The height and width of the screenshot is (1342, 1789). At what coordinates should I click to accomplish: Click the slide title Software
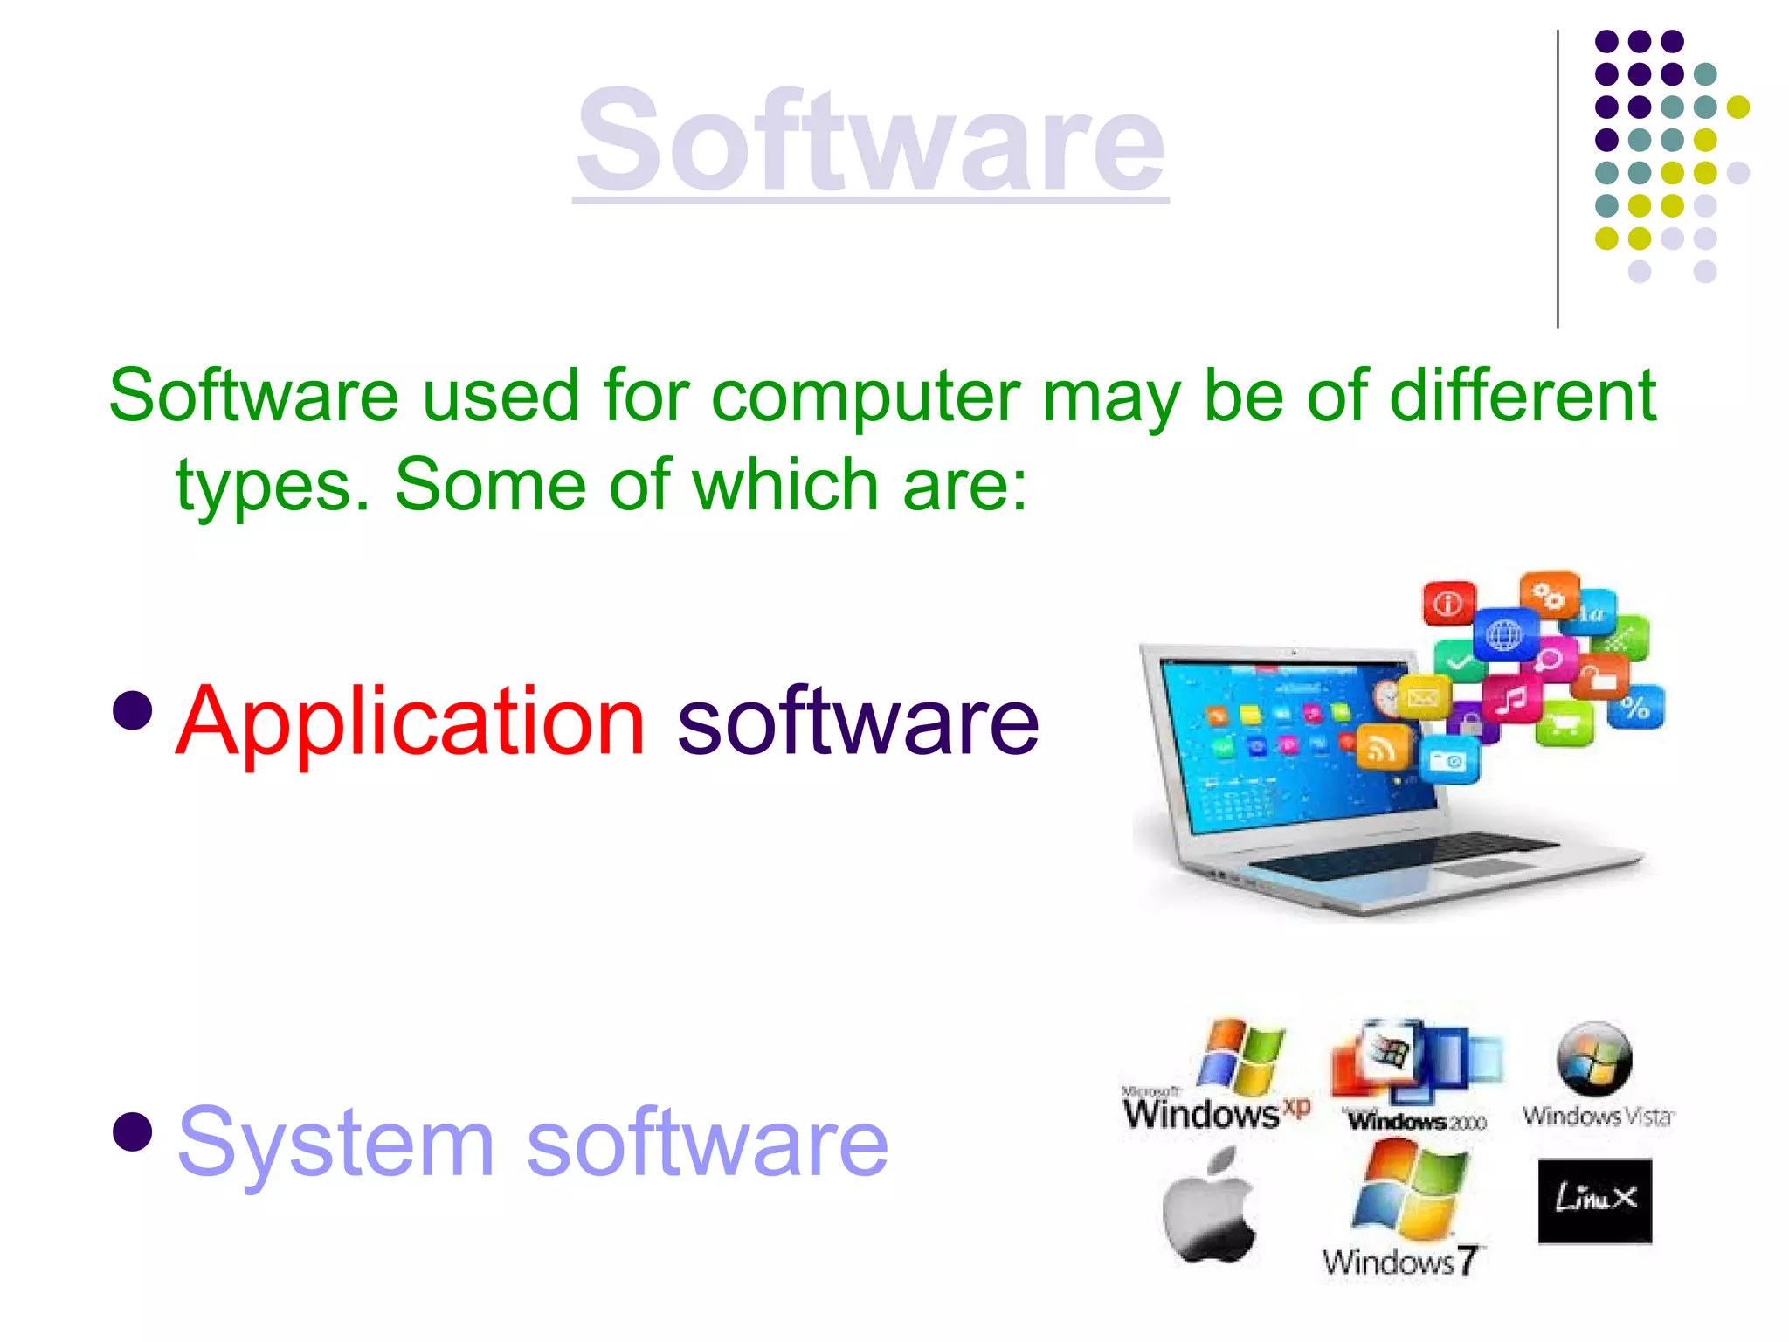tap(870, 142)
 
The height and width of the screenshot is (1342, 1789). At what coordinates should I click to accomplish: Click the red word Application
tap(411, 722)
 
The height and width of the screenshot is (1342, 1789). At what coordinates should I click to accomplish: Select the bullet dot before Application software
tap(133, 710)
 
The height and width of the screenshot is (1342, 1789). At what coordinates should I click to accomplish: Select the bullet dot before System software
tap(133, 1131)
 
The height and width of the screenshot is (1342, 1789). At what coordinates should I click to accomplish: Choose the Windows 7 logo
tap(1405, 1210)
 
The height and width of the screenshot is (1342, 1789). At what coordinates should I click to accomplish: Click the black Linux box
tap(1595, 1200)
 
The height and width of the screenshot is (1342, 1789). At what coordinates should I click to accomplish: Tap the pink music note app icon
tap(1512, 698)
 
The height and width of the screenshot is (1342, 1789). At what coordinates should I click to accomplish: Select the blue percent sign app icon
tap(1635, 707)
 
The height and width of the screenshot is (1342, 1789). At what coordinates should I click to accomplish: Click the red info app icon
tap(1448, 603)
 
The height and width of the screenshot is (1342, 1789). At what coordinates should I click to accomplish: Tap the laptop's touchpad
tap(1489, 868)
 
